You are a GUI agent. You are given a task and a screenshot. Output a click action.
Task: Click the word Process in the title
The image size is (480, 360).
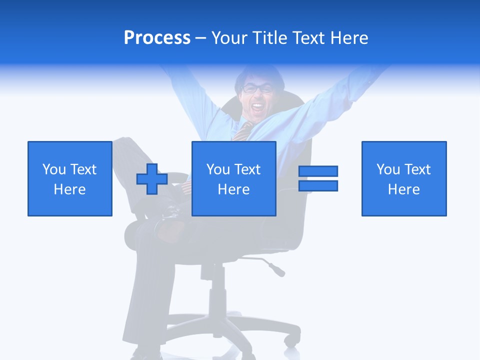coord(157,38)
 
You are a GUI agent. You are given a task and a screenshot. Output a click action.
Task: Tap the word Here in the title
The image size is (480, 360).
coord(349,38)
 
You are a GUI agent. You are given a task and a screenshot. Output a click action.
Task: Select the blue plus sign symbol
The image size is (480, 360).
coord(152,179)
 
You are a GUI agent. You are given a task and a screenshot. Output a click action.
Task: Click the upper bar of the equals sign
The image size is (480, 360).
coord(318,171)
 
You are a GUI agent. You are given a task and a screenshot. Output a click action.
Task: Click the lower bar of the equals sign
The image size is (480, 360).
coord(318,185)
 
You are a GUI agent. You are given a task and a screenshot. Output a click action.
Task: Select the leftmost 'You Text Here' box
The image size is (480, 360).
coord(69,178)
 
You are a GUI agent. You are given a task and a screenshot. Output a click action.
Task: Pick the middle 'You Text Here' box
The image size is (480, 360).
coord(233,178)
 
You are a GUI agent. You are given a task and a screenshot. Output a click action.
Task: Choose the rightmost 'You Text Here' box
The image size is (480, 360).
coord(403,178)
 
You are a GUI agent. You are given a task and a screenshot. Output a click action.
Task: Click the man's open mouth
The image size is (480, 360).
coord(257,106)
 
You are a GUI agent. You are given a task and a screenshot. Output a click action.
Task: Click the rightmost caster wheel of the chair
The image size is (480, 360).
coord(289,340)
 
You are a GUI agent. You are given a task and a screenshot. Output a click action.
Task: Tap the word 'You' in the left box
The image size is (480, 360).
coord(54,169)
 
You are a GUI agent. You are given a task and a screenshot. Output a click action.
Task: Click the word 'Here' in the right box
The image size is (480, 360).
coord(403,189)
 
